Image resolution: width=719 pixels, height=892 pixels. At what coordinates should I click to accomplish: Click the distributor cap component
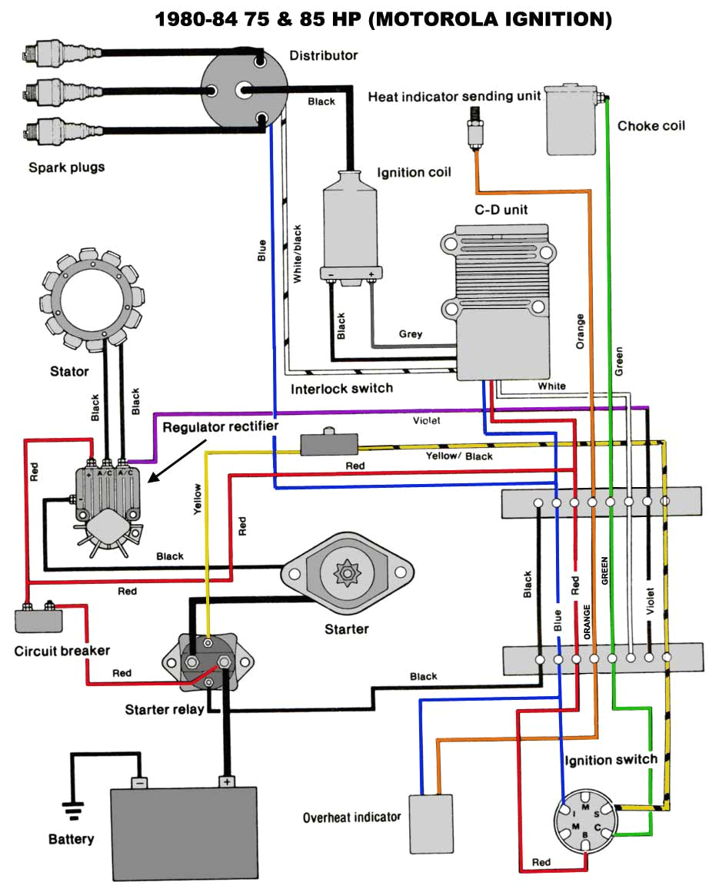coord(244,90)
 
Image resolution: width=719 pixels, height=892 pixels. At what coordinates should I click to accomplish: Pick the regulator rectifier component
coord(106,500)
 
